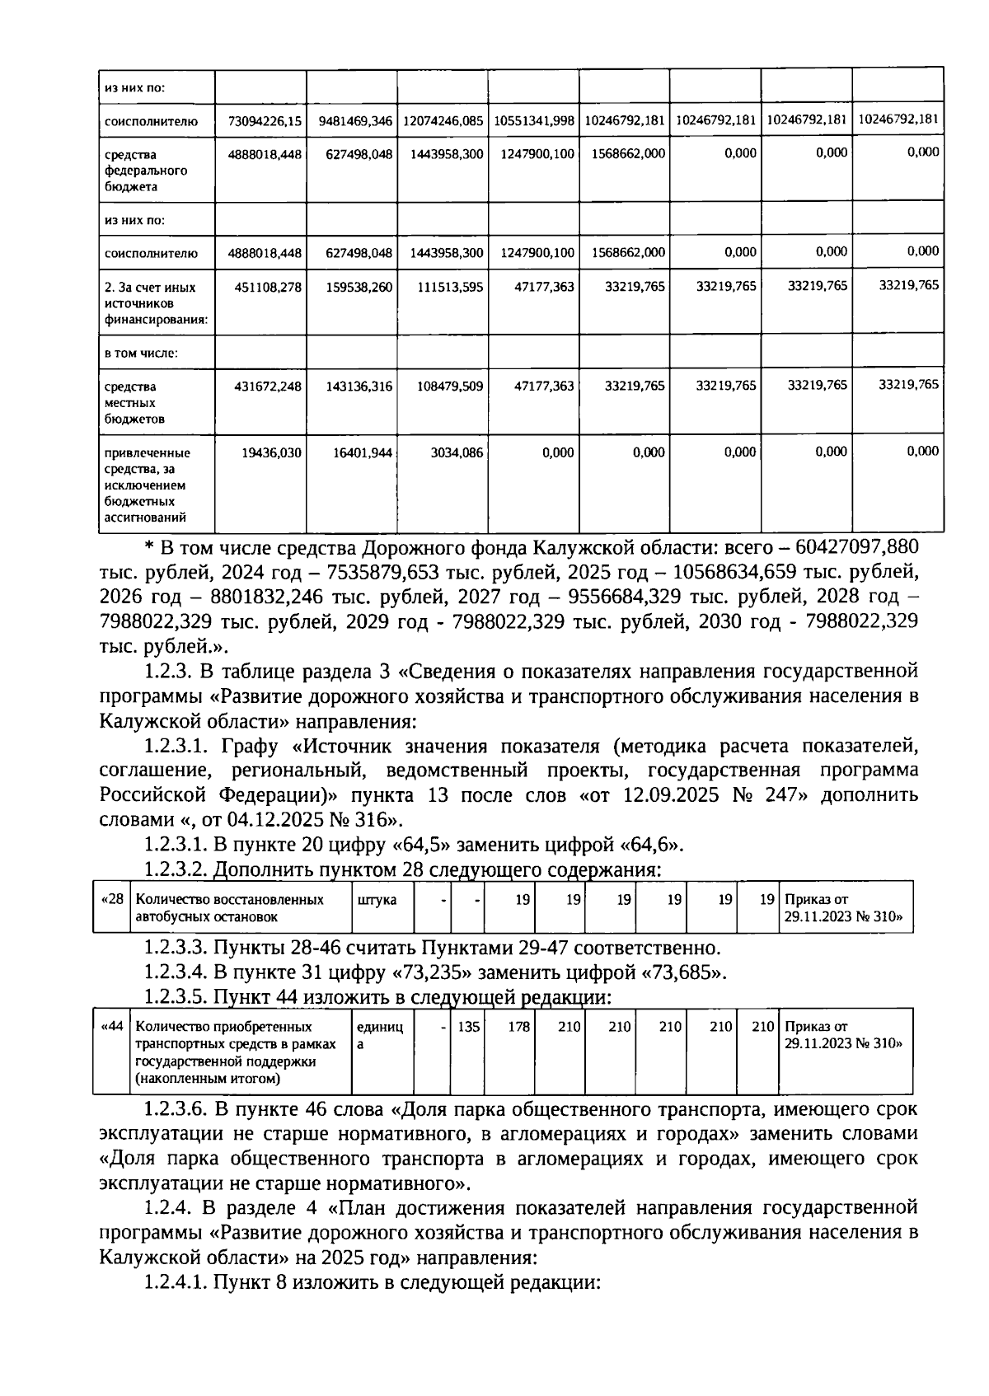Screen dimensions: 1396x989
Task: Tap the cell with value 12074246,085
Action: pos(443,121)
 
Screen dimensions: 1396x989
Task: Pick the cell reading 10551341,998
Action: pos(534,121)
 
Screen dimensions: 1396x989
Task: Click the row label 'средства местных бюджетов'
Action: pos(135,402)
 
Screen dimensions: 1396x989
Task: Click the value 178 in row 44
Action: pos(518,1027)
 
